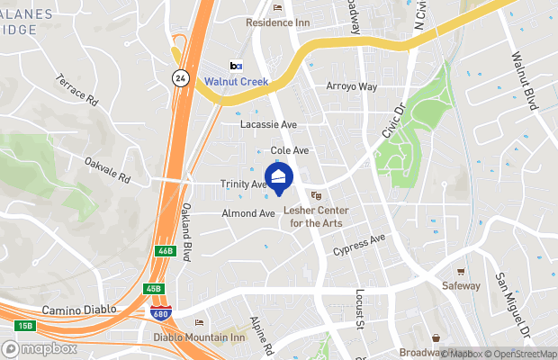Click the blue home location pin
pyautogui.click(x=279, y=178)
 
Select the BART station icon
pyautogui.click(x=236, y=66)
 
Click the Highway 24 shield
pyautogui.click(x=180, y=78)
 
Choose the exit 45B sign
pyautogui.click(x=154, y=289)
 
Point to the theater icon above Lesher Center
pyautogui.click(x=316, y=195)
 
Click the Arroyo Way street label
pyautogui.click(x=351, y=86)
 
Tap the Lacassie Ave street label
pyautogui.click(x=268, y=124)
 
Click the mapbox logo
pyautogui.click(x=40, y=348)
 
